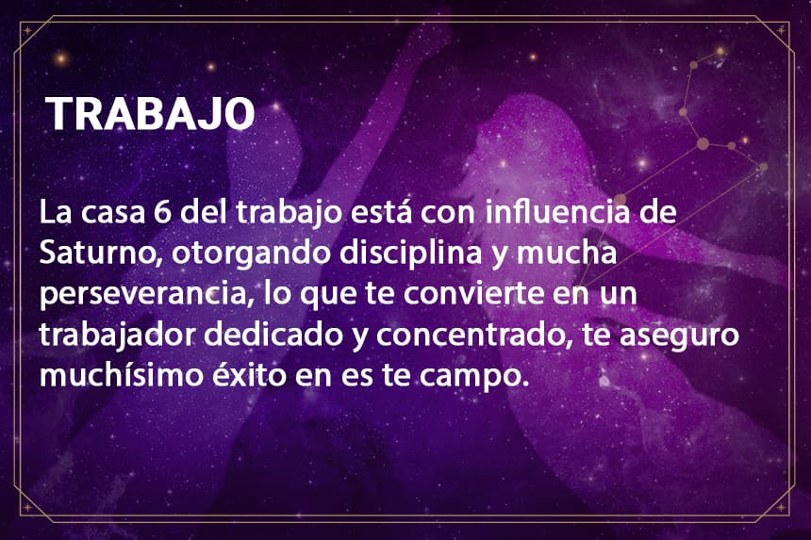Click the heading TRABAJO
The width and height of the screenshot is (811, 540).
(150, 114)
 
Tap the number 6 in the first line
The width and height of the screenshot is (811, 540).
(162, 212)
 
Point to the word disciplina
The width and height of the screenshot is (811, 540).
(410, 253)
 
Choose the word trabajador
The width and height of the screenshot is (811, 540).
(118, 335)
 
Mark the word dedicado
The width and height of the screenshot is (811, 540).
(273, 335)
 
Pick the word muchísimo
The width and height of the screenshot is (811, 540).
(122, 375)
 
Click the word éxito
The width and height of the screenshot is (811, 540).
(249, 375)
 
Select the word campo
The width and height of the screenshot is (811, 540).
(474, 377)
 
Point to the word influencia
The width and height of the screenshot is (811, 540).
(557, 211)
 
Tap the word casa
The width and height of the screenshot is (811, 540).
(113, 213)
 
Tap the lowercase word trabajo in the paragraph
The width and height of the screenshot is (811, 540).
(289, 213)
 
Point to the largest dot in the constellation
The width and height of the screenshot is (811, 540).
(703, 143)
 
